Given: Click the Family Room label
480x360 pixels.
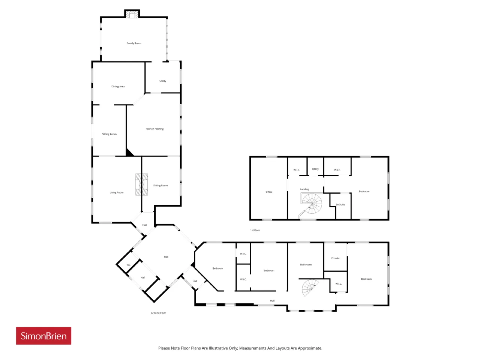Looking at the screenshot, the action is pyautogui.click(x=133, y=43).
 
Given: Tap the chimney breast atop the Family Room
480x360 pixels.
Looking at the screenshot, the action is pyautogui.click(x=132, y=14).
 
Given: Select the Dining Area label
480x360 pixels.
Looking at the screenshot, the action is pyautogui.click(x=118, y=86).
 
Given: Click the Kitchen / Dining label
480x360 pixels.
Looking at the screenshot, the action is pyautogui.click(x=154, y=129).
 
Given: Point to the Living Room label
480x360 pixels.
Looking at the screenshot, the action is pyautogui.click(x=116, y=192).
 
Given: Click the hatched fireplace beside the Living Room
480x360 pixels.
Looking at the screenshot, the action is pyautogui.click(x=141, y=184).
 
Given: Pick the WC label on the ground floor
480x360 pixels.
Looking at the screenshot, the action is pyautogui.click(x=128, y=264).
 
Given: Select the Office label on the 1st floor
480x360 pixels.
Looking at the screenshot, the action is pyautogui.click(x=269, y=192).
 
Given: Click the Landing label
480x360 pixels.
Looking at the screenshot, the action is pyautogui.click(x=304, y=189).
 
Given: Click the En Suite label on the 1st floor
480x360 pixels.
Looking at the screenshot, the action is pyautogui.click(x=340, y=204).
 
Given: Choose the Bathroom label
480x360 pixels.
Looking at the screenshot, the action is pyautogui.click(x=306, y=264).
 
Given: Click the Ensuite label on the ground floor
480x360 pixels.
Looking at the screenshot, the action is pyautogui.click(x=335, y=258).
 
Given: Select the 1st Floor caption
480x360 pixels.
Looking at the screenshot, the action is pyautogui.click(x=255, y=230).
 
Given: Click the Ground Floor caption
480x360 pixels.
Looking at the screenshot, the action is pyautogui.click(x=158, y=313).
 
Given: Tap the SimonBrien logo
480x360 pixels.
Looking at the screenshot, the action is pyautogui.click(x=43, y=336).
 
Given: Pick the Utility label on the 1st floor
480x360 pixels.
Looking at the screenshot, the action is pyautogui.click(x=315, y=169).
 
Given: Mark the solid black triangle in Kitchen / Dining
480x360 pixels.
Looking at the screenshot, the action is pyautogui.click(x=129, y=153).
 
